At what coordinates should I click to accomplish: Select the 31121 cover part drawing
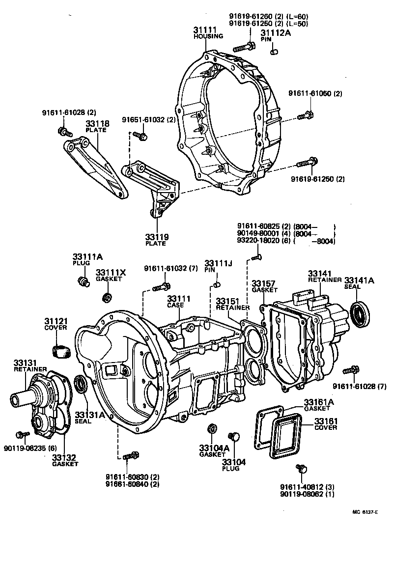[61, 352]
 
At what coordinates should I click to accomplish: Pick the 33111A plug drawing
[83, 281]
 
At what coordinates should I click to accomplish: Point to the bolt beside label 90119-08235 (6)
[21, 435]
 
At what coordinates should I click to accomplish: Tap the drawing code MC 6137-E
[365, 512]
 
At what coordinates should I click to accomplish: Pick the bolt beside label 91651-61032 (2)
[139, 135]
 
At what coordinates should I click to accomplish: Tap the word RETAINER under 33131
[30, 369]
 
